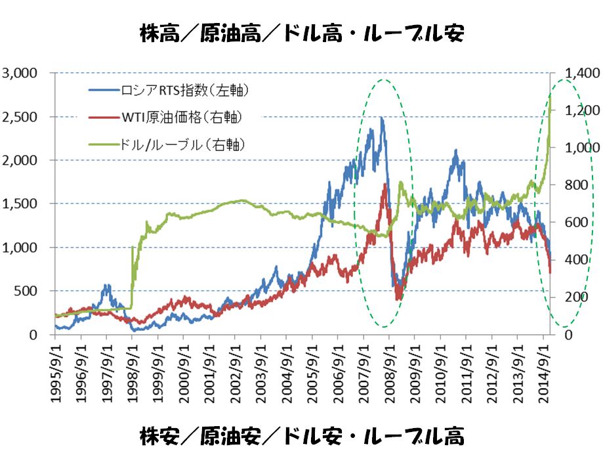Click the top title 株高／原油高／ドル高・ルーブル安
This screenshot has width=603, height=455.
pos(301,33)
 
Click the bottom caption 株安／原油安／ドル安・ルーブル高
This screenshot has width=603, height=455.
pos(301,435)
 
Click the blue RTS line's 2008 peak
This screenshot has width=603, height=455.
pos(381,118)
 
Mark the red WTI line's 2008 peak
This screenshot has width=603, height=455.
pos(385,184)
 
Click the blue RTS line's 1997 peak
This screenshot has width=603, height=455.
pos(106,285)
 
